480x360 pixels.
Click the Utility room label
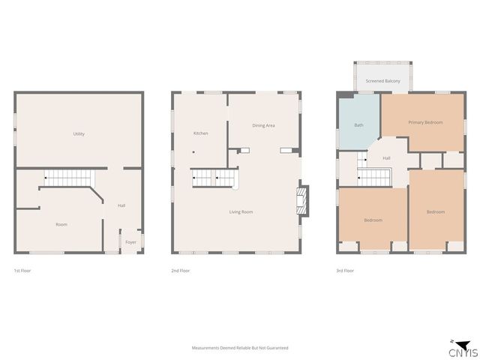tap(79, 133)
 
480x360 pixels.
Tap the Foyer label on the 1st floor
tap(130, 241)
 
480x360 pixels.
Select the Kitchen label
tap(200, 133)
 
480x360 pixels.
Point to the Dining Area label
tap(263, 125)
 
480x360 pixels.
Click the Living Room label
tap(241, 212)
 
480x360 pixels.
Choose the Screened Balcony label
tap(382, 80)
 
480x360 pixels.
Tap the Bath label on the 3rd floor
tap(358, 125)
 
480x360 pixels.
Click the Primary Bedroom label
tap(425, 122)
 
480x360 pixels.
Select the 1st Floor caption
tap(22, 270)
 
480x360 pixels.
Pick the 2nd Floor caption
tap(181, 270)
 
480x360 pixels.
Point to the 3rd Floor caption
tap(345, 270)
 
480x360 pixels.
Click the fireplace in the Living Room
tap(303, 200)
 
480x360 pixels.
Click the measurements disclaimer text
tap(240, 348)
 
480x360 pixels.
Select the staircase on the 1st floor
tap(67, 178)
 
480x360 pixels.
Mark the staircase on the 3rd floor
tap(374, 177)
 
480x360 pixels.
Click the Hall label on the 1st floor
tap(121, 205)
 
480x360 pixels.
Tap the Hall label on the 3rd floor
tap(387, 158)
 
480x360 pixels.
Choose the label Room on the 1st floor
tap(61, 224)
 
